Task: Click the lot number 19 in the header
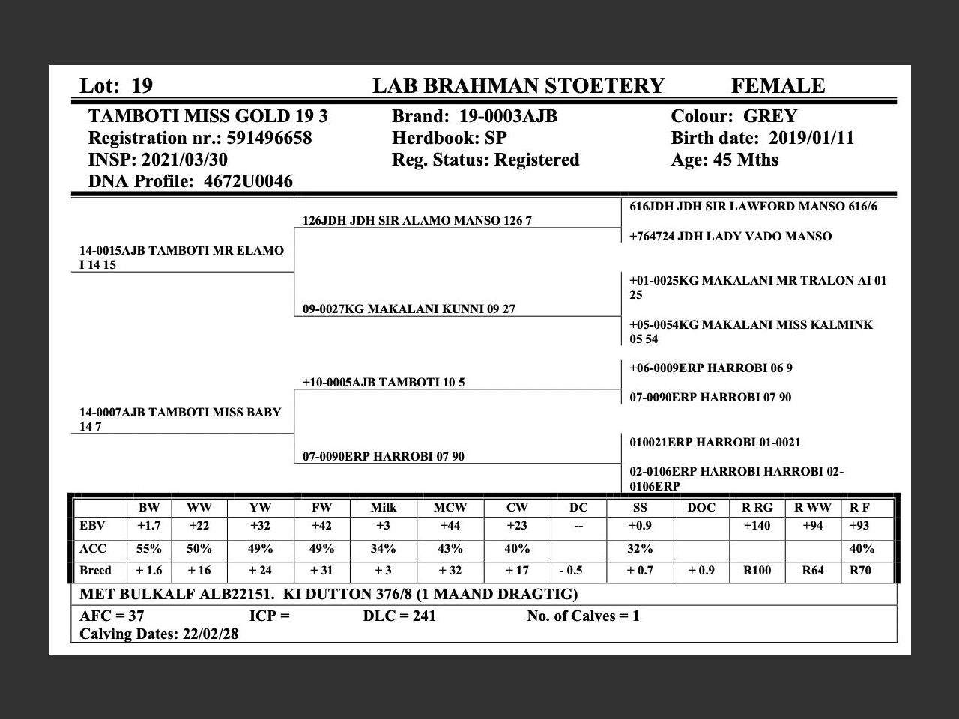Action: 142,86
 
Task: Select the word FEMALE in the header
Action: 778,86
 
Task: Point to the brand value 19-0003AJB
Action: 508,117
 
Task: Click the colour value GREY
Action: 769,117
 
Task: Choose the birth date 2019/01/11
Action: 805,139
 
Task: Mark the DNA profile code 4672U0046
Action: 248,182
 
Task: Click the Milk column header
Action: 384,508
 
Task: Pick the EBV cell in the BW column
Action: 148,526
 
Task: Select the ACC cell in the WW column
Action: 199,549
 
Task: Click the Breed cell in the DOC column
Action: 701,571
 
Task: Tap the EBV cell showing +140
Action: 757,526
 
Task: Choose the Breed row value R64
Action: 812,571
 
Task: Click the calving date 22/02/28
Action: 211,634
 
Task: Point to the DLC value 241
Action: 423,616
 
